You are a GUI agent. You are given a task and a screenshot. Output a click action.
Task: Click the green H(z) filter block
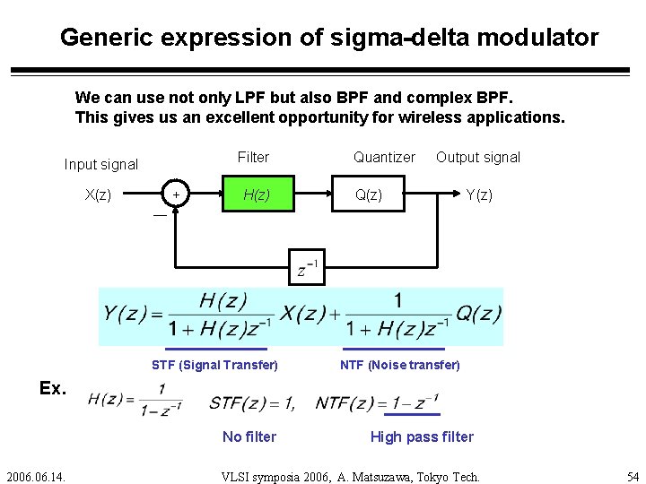[258, 194]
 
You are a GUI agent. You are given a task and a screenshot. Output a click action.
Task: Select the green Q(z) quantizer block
[367, 194]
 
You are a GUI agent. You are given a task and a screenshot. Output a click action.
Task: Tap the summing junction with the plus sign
[176, 194]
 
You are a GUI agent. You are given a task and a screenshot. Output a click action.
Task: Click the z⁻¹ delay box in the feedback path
[307, 266]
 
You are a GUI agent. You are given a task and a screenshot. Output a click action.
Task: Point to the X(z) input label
[98, 194]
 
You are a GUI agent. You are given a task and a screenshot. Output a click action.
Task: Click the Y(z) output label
[478, 194]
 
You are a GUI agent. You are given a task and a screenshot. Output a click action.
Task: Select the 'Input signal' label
[100, 164]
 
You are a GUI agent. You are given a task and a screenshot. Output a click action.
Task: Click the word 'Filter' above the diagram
[253, 157]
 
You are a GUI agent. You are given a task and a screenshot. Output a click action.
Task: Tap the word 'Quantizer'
[384, 157]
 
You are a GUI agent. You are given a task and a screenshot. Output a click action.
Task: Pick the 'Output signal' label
[477, 157]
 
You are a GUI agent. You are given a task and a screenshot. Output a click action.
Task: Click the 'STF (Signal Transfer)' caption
[214, 365]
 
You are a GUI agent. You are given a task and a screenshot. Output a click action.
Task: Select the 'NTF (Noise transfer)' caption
[399, 365]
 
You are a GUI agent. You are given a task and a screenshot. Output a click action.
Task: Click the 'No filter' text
[249, 436]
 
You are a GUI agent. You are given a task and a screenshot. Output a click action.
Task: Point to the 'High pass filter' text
[422, 436]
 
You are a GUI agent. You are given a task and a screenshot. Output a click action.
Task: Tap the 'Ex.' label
[53, 388]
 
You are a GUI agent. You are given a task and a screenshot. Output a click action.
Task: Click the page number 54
[633, 476]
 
